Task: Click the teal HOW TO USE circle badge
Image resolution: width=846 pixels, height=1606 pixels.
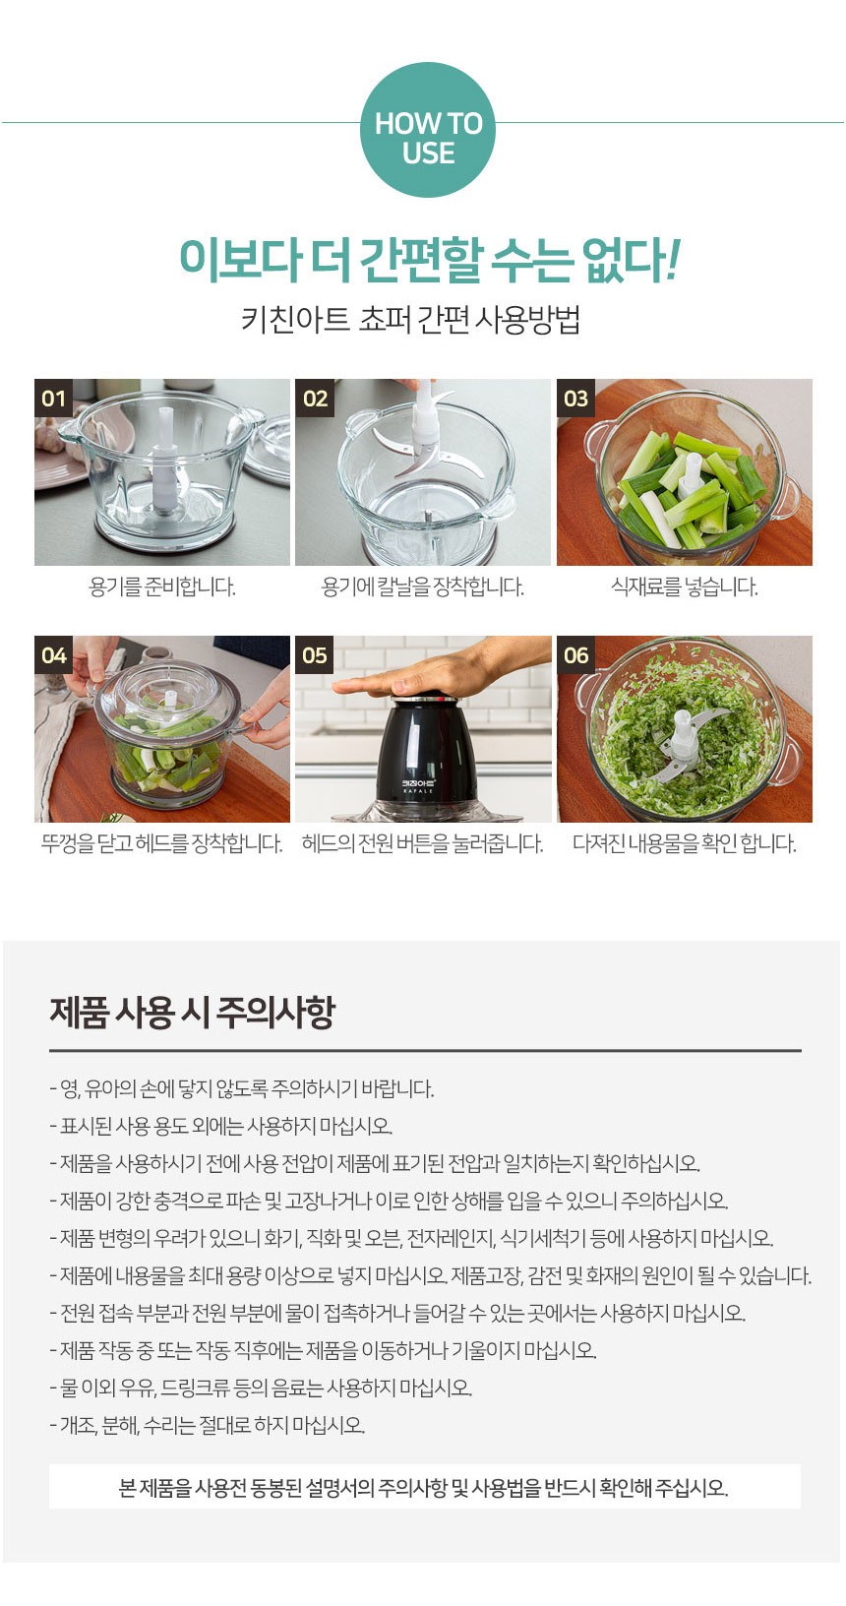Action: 427,130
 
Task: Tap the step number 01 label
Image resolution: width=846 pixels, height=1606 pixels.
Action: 53,399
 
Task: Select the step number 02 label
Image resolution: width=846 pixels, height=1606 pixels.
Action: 314,399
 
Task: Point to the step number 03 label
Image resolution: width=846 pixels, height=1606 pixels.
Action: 575,399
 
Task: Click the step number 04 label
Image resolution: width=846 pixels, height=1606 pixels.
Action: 53,655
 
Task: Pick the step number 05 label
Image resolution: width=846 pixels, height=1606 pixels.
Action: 314,655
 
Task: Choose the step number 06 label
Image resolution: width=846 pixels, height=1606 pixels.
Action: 575,655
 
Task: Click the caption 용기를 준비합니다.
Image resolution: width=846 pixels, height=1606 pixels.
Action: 162,587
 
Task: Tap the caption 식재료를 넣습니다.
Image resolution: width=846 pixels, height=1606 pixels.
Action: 684,587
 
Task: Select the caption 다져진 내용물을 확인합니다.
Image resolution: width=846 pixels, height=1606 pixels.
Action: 684,844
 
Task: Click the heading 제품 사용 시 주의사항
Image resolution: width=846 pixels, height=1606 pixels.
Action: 192,1012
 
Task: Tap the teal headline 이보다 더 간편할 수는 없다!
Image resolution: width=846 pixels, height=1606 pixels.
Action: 427,259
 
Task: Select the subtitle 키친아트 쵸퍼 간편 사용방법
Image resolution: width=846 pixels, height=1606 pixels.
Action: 410,320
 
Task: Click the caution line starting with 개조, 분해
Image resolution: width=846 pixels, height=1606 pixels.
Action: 208,1425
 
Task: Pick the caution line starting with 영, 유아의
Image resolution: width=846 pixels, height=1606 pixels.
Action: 242,1089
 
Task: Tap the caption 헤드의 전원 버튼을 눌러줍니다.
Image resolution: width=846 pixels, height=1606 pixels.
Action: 422,844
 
